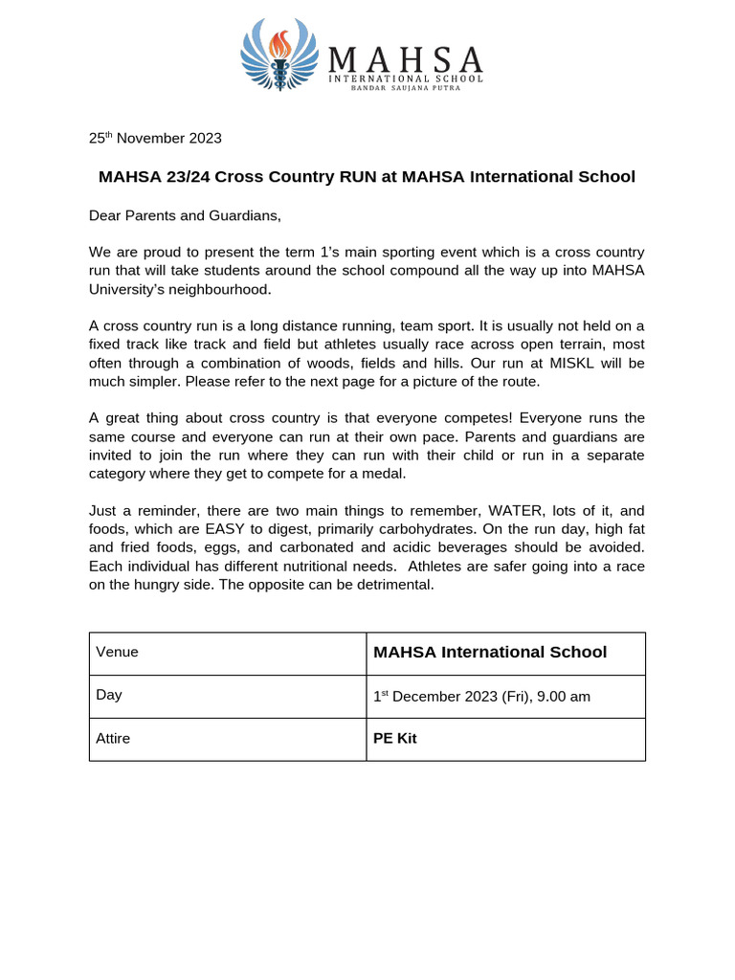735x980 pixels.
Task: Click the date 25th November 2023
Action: tap(155, 138)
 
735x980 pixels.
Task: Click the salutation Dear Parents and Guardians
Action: tap(185, 215)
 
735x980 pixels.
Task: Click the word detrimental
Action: tap(393, 585)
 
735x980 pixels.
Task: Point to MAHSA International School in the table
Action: tap(489, 652)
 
